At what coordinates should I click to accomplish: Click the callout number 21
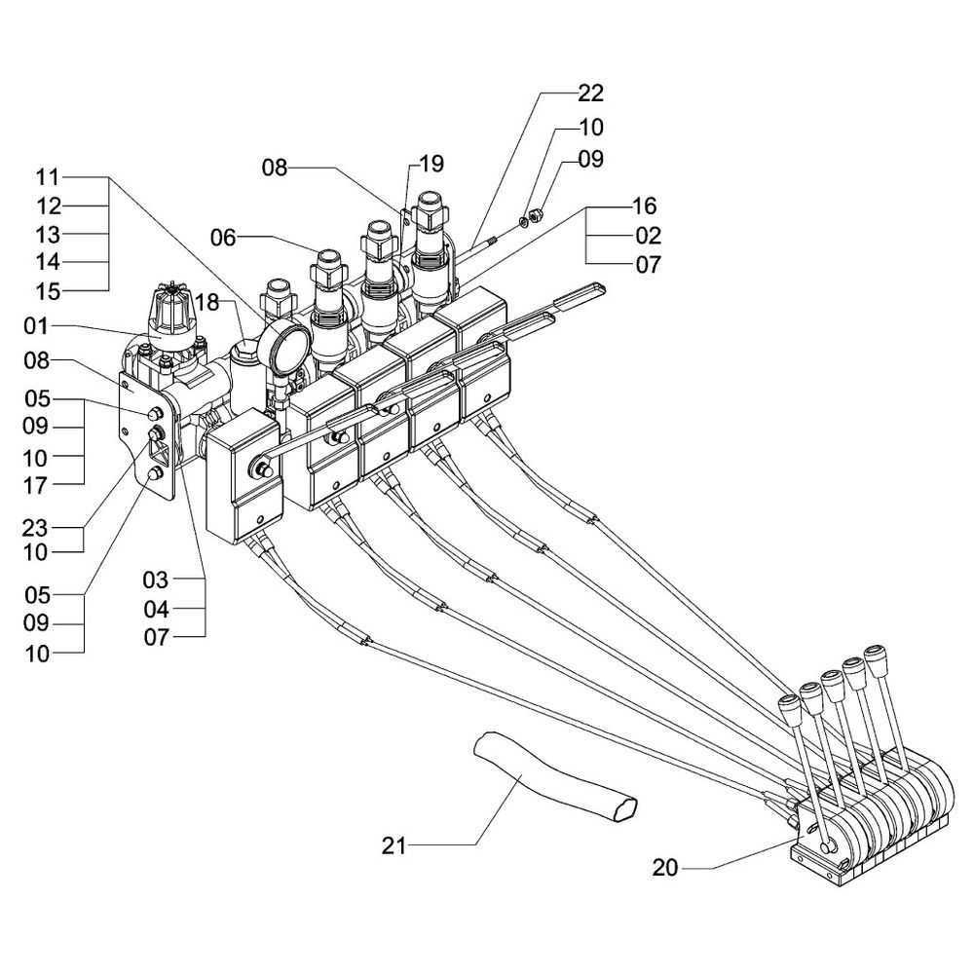(x=393, y=843)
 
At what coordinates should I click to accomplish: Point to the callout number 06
(x=224, y=236)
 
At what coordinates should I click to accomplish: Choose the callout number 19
(x=431, y=163)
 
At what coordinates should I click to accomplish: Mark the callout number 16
(x=644, y=206)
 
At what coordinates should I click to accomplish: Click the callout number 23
(x=36, y=528)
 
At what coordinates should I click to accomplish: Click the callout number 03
(x=156, y=581)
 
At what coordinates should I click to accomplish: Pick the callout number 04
(x=156, y=610)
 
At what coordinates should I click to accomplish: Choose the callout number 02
(x=648, y=236)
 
